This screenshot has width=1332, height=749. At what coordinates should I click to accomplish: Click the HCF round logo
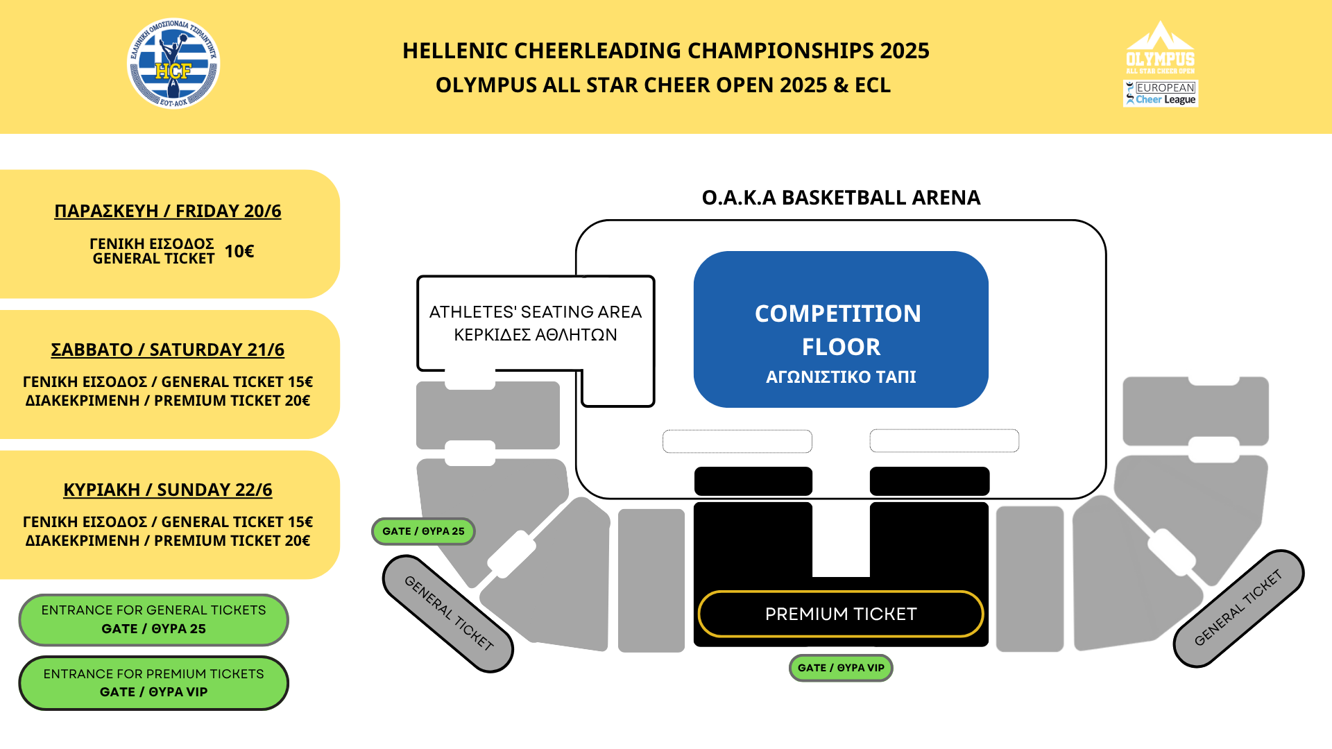173,64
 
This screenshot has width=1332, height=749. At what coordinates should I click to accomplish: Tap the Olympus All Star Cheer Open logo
1160,48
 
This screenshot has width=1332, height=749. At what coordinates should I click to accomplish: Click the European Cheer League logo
1161,94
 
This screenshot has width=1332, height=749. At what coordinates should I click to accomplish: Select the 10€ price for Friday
239,251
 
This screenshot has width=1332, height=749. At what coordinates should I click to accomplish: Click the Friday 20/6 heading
168,211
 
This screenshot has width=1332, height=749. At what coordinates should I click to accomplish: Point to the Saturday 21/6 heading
168,350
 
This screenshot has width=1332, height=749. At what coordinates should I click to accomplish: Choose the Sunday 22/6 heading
168,490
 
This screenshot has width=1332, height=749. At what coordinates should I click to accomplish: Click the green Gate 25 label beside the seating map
423,531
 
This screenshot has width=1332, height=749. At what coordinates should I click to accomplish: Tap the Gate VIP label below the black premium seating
841,668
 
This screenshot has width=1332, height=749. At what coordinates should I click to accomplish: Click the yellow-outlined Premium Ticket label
841,614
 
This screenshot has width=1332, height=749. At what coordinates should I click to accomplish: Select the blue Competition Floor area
841,329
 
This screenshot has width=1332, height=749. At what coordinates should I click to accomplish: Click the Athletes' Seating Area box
536,323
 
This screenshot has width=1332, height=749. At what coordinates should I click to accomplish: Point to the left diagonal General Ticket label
448,613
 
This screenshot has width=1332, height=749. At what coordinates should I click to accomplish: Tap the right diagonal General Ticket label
1238,608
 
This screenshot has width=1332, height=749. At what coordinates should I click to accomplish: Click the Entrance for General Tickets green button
153,619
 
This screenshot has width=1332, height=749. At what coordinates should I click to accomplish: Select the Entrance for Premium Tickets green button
153,683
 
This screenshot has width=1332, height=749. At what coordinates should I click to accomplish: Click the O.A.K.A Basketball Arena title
841,198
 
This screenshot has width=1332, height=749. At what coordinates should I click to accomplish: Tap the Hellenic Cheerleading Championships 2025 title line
666,51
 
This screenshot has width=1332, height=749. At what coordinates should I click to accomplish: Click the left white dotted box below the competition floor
737,441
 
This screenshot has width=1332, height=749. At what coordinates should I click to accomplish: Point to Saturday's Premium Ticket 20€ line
168,401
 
